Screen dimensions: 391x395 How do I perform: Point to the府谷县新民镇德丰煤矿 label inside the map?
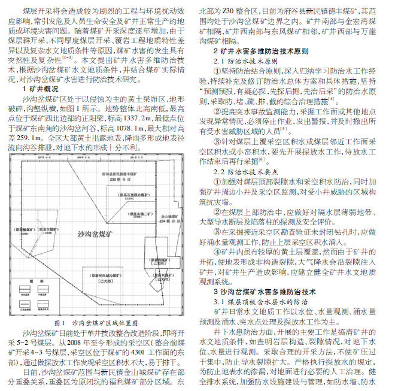coord(124,171)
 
